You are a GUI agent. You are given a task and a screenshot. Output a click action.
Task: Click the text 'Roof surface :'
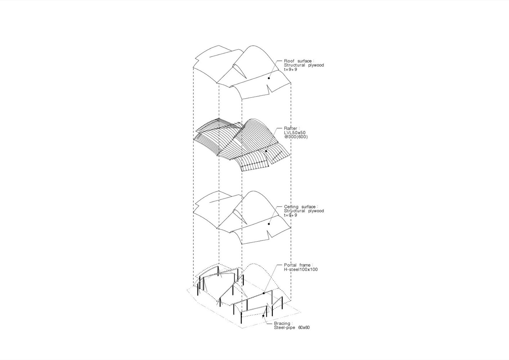(298, 61)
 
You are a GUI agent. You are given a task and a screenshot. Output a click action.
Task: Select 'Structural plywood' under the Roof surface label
(304, 65)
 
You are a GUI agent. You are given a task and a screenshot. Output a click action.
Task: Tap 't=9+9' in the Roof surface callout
(290, 69)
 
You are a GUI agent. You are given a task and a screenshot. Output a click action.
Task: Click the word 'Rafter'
(290, 129)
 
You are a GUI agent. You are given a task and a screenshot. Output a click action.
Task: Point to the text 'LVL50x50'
(295, 133)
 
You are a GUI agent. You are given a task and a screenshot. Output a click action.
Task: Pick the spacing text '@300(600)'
(296, 137)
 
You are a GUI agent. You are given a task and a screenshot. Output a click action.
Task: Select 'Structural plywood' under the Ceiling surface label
(304, 211)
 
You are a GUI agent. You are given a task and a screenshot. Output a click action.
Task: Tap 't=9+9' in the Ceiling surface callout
(290, 215)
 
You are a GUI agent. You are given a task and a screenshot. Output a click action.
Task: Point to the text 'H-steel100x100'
(301, 270)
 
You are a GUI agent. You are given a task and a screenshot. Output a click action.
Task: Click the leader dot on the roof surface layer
(269, 78)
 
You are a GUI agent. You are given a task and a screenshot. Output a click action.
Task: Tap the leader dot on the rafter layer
(266, 151)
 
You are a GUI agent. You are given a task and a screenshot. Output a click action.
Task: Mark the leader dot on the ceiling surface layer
(269, 224)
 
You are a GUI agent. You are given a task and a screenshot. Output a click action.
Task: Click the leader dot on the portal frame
(264, 293)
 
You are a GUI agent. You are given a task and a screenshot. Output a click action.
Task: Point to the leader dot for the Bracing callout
(264, 316)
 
